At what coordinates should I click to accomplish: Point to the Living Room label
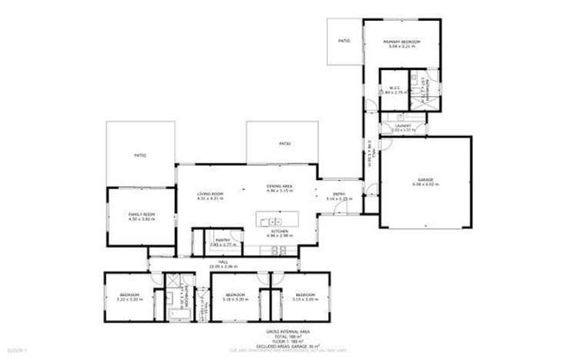click(x=210, y=193)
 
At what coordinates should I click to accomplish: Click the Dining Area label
click(x=278, y=187)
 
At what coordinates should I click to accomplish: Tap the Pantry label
click(x=224, y=240)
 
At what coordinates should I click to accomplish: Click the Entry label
click(x=338, y=194)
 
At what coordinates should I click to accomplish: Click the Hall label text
click(x=224, y=262)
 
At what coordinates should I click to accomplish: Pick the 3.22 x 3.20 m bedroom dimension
click(x=128, y=298)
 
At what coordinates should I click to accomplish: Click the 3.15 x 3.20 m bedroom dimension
click(x=306, y=298)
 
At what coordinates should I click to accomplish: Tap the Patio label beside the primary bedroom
click(x=344, y=41)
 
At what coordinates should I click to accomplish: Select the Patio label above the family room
click(x=140, y=155)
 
